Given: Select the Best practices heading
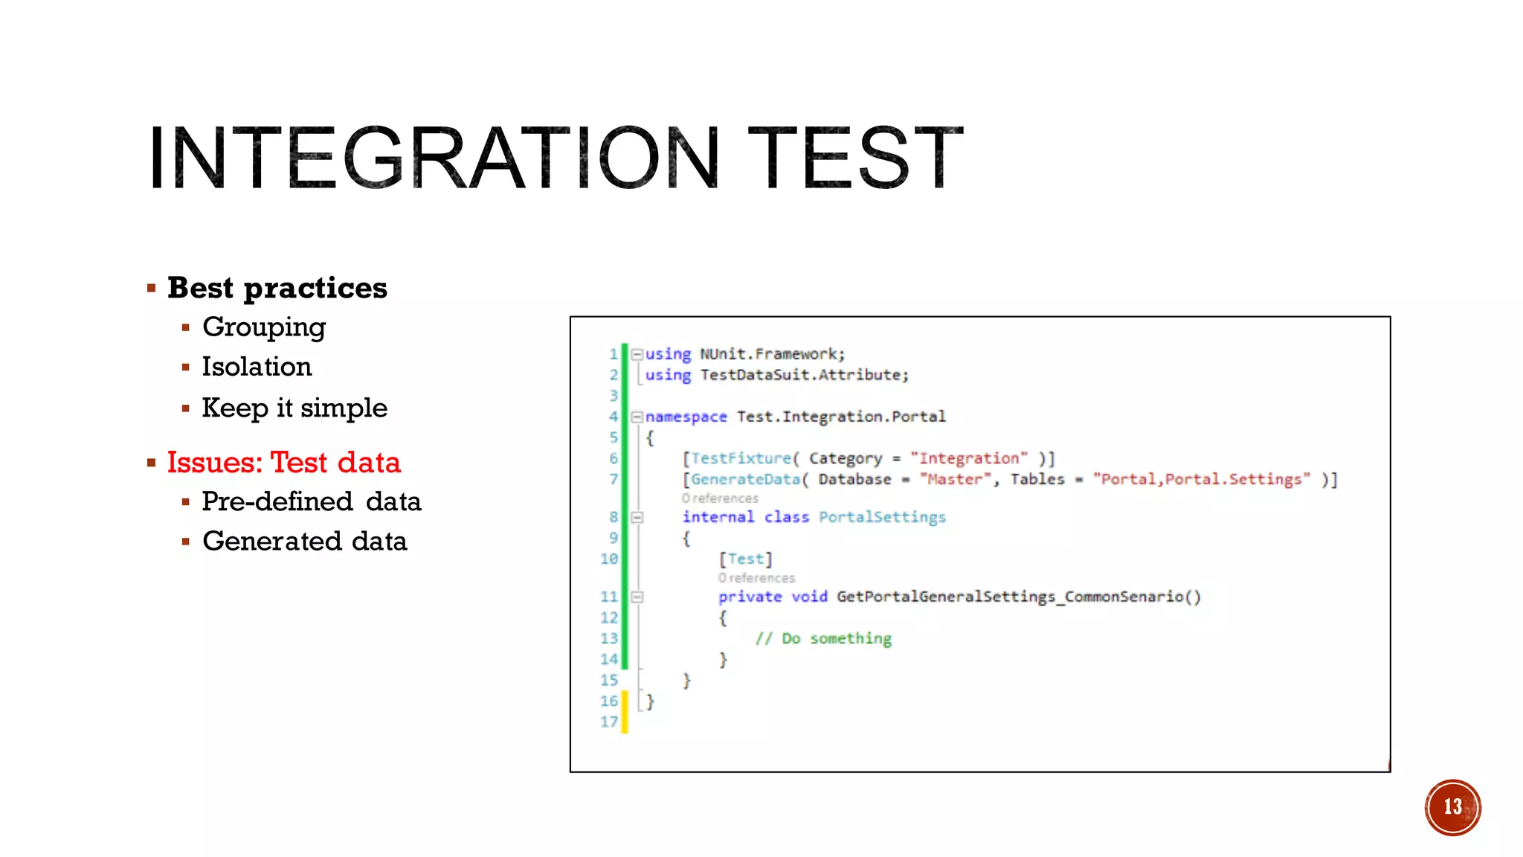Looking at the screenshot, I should pos(277,288).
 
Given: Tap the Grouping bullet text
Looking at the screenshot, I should pos(264,327).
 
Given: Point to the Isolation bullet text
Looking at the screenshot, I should pos(257,367).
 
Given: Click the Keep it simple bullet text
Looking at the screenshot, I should pos(294,408).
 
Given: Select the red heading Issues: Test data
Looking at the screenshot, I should pos(283,463).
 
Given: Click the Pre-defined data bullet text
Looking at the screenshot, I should pos(312,501).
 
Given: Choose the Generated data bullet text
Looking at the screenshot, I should pos(305,541).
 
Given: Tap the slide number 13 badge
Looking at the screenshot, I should pos(1452,807).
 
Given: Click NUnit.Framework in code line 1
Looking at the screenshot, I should pos(771,354).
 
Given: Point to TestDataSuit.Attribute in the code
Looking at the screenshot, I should pos(803,375).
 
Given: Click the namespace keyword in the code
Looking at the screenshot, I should pos(686,417).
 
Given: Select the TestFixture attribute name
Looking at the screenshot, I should pos(741,458).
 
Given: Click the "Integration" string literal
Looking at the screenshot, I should pos(968,458).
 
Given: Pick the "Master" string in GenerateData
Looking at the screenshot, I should pos(955,479).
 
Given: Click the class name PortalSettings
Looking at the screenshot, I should pos(882,517).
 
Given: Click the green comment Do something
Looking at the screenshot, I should pos(824,638).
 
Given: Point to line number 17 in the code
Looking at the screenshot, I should pos(609,722).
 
